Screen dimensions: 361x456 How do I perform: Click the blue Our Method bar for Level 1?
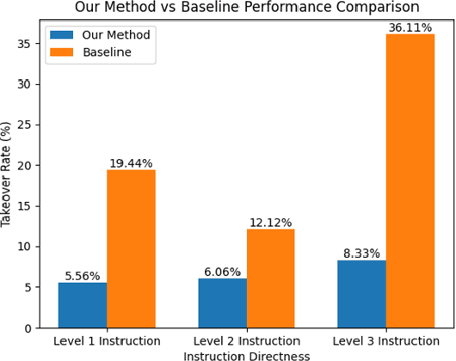[x=82, y=305]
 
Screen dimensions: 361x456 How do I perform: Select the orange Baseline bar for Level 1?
[x=131, y=248]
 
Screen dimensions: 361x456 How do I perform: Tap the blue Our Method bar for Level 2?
[x=222, y=303]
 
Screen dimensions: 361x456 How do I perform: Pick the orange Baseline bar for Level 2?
[x=270, y=278]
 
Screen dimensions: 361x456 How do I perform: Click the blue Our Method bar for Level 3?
[x=361, y=294]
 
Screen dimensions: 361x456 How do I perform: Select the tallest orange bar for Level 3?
[x=410, y=180]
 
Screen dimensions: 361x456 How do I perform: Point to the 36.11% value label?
[x=410, y=28]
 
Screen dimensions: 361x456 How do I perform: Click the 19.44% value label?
[x=131, y=163]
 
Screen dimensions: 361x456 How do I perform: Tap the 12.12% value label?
[x=270, y=223]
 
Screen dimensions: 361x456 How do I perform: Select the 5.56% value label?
[x=82, y=276]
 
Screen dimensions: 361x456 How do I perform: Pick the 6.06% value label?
[x=222, y=272]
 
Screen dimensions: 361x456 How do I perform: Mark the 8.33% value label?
[x=361, y=254]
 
